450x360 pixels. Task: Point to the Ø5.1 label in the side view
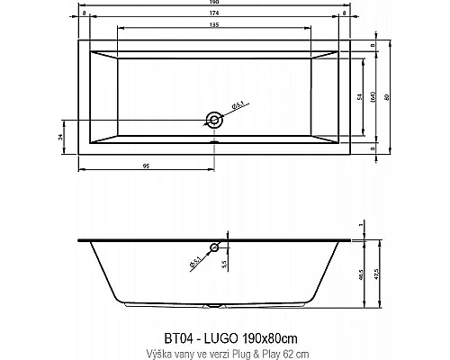tap(195, 262)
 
